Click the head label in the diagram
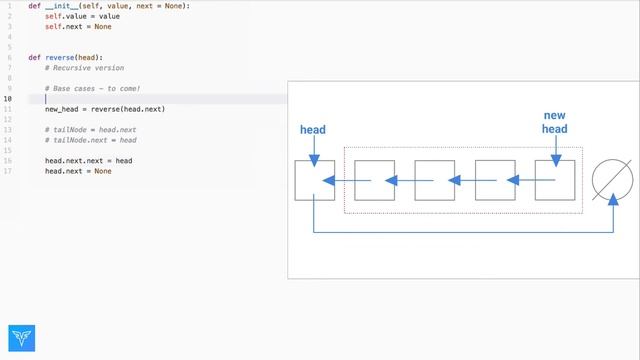[x=313, y=130]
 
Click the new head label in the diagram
[x=554, y=122]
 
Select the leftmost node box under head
[x=314, y=180]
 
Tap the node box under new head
[x=555, y=180]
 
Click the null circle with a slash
[x=612, y=180]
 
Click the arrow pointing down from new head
[x=555, y=147]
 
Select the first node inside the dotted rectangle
[x=374, y=180]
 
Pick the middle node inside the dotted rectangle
[x=435, y=180]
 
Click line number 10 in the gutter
[x=8, y=99]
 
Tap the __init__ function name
[x=64, y=6]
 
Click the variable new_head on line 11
[x=61, y=109]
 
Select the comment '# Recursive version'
[x=84, y=67]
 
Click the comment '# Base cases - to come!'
[x=93, y=88]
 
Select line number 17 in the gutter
[x=8, y=171]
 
